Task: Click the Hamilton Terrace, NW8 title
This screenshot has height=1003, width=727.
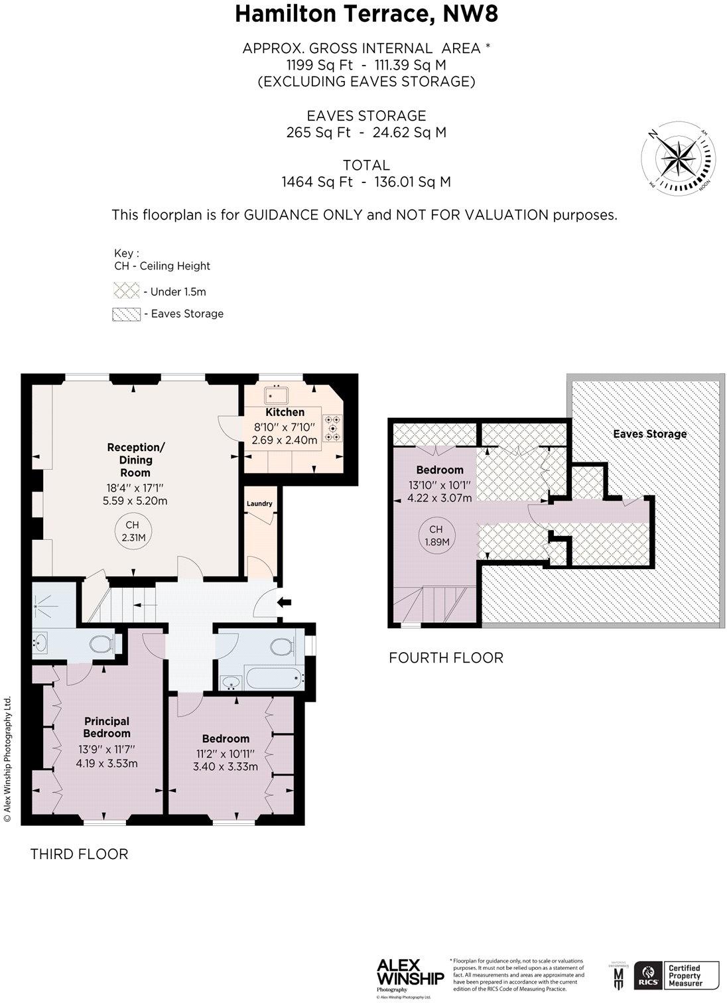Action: (366, 14)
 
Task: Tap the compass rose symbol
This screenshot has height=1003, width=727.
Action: (679, 159)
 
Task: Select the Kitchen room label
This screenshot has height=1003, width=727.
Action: (285, 412)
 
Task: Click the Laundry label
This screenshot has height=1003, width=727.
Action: (259, 503)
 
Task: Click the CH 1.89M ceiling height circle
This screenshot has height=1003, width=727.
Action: (436, 535)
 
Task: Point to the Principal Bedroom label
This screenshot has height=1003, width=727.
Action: (107, 727)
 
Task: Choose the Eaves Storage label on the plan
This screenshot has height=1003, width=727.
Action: (649, 434)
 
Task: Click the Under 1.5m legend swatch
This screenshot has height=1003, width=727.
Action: (126, 291)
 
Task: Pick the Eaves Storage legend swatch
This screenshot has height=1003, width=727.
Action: (126, 314)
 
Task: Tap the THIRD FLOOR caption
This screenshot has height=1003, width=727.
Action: (79, 854)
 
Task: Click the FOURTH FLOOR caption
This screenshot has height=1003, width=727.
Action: (446, 657)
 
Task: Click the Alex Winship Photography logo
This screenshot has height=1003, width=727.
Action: (410, 974)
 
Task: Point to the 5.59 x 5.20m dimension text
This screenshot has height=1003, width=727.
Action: (135, 501)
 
